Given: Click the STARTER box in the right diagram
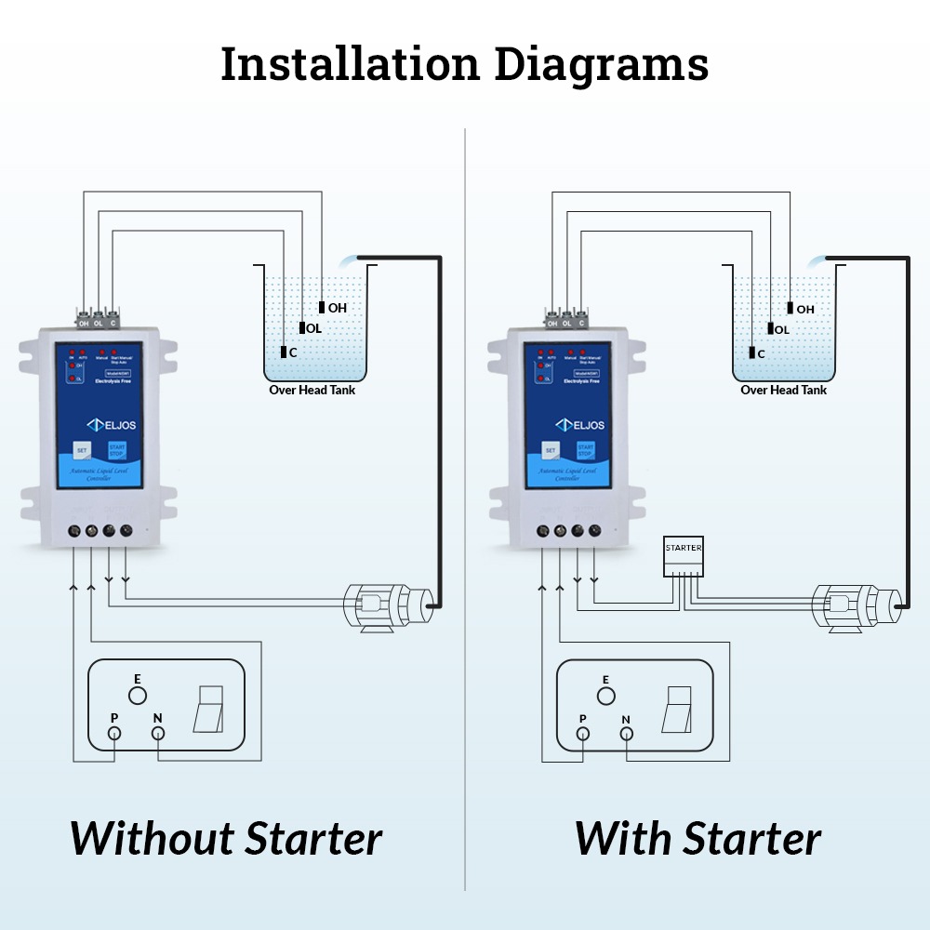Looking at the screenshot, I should (x=684, y=556).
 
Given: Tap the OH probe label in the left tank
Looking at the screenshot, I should (x=337, y=308).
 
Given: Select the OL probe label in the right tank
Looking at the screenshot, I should (x=781, y=329).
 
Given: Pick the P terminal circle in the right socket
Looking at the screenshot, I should (x=583, y=734).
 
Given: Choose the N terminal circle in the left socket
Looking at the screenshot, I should (x=158, y=734).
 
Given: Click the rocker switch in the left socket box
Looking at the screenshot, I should (x=208, y=710).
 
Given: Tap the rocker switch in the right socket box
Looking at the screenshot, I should (x=678, y=710).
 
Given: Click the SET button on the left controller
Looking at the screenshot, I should (x=81, y=448).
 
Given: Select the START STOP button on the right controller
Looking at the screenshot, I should (x=586, y=450).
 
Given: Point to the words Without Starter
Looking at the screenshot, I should (x=226, y=838).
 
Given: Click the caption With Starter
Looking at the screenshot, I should (x=697, y=838).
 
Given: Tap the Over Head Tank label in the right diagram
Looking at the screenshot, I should (x=783, y=391).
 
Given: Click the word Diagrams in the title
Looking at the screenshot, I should (x=602, y=63).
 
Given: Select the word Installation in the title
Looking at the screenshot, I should (x=351, y=63).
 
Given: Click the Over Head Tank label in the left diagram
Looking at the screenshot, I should (x=312, y=391).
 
